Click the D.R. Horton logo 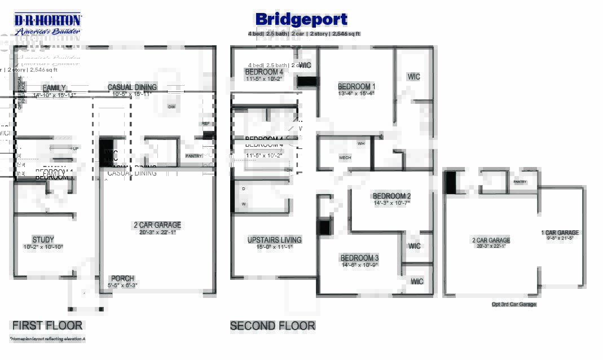coord(48,24)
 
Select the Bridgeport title coord(301,20)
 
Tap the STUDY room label coord(43,240)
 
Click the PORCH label coord(122,278)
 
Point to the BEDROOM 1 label coord(356,86)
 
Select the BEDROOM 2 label coord(391,196)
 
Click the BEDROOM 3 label coord(359,258)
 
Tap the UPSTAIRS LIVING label coord(274,240)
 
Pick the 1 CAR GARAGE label coord(560,232)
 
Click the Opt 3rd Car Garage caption coord(514,304)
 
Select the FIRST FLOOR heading coord(47,326)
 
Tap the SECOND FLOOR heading coord(272,326)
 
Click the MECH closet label coord(345,158)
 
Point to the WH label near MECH coord(361,143)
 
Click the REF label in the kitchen coord(205,123)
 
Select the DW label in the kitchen coord(171,106)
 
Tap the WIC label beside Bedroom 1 coord(413,77)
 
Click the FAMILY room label coord(54,88)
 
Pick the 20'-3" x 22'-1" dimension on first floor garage coord(157,232)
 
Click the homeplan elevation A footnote coord(47,339)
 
